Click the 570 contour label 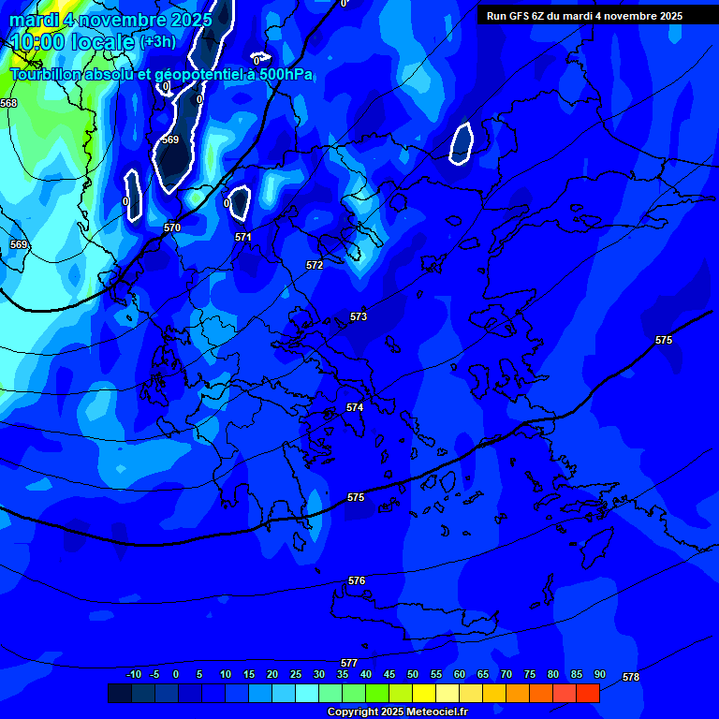[172, 227]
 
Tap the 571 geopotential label [243, 238]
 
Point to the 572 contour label [315, 266]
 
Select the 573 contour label [359, 317]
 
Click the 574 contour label [355, 408]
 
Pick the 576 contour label [357, 581]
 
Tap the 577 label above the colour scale [349, 663]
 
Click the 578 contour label [631, 677]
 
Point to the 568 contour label [8, 103]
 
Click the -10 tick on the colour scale [134, 674]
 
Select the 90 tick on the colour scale [600, 674]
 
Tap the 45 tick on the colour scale [389, 674]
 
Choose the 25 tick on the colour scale [296, 674]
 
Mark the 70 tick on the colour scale [506, 674]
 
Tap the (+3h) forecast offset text [157, 42]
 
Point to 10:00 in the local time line [41, 42]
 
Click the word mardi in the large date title [34, 19]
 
